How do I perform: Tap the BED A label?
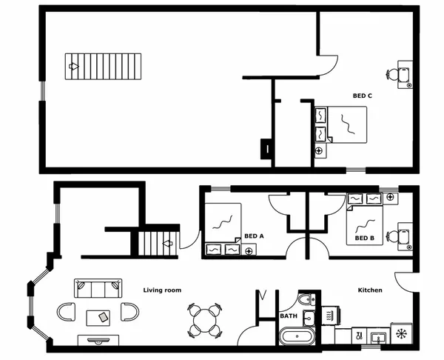coord(254,237)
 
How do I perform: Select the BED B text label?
coord(364,239)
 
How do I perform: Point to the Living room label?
coord(162,290)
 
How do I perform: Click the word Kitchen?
coord(370,290)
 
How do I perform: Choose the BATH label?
coord(288,316)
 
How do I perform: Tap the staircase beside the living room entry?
coord(156,242)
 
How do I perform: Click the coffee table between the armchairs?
coord(97,316)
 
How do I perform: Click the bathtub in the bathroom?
coord(297,337)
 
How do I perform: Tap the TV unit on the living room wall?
coord(97,341)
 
